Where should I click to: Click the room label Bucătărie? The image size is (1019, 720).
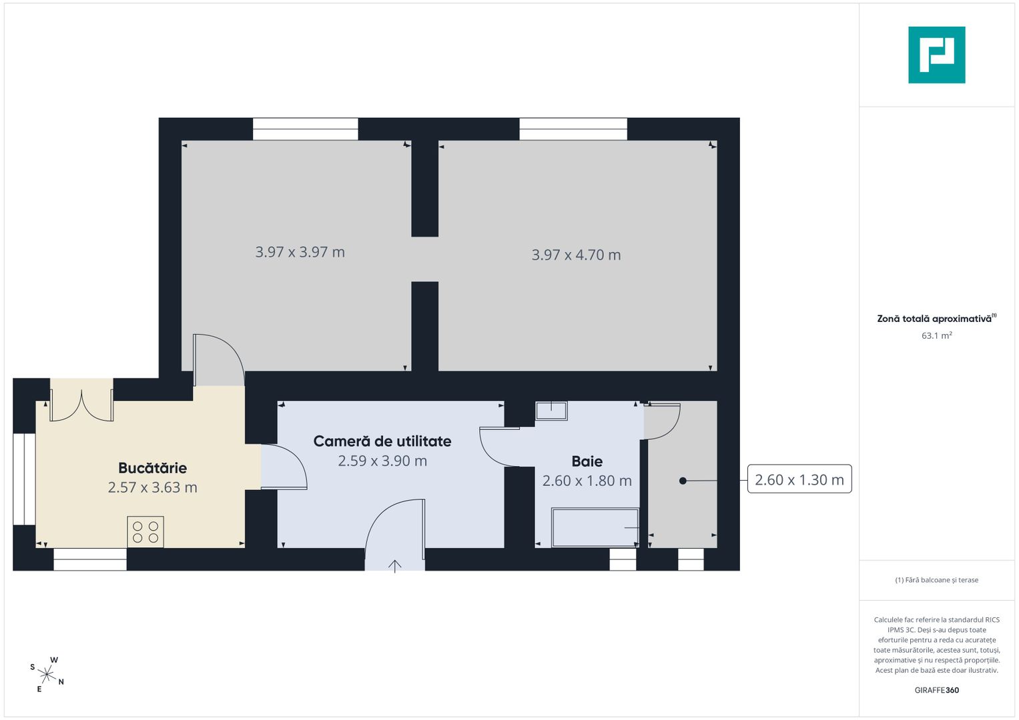pos(152,468)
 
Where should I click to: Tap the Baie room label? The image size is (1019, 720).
pos(587,461)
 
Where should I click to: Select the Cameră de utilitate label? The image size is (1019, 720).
pos(382,441)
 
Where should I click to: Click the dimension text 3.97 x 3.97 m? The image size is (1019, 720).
pos(300,252)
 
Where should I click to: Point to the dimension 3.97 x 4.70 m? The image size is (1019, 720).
pos(576,255)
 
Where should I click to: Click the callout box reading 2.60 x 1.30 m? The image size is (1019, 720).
pos(799,479)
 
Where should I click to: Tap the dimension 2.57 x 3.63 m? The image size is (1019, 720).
pos(152,487)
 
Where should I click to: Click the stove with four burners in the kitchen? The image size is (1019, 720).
pos(145,532)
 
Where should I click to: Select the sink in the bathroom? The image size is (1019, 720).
pos(551,411)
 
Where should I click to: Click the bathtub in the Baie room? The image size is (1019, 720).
pos(595,527)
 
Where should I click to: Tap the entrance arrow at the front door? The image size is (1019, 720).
pos(394,567)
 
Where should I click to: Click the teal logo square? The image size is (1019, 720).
pos(937,55)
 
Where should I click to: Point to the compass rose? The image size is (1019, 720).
pos(47,675)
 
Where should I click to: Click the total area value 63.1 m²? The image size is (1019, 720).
pos(937,335)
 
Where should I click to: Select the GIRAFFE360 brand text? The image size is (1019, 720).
pos(937,690)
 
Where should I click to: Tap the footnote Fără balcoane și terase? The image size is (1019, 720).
pos(937,580)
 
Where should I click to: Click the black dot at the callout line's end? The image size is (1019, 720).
pos(683,481)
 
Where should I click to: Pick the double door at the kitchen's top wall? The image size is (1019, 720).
pos(81,405)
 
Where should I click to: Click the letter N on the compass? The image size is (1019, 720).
pos(61,682)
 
